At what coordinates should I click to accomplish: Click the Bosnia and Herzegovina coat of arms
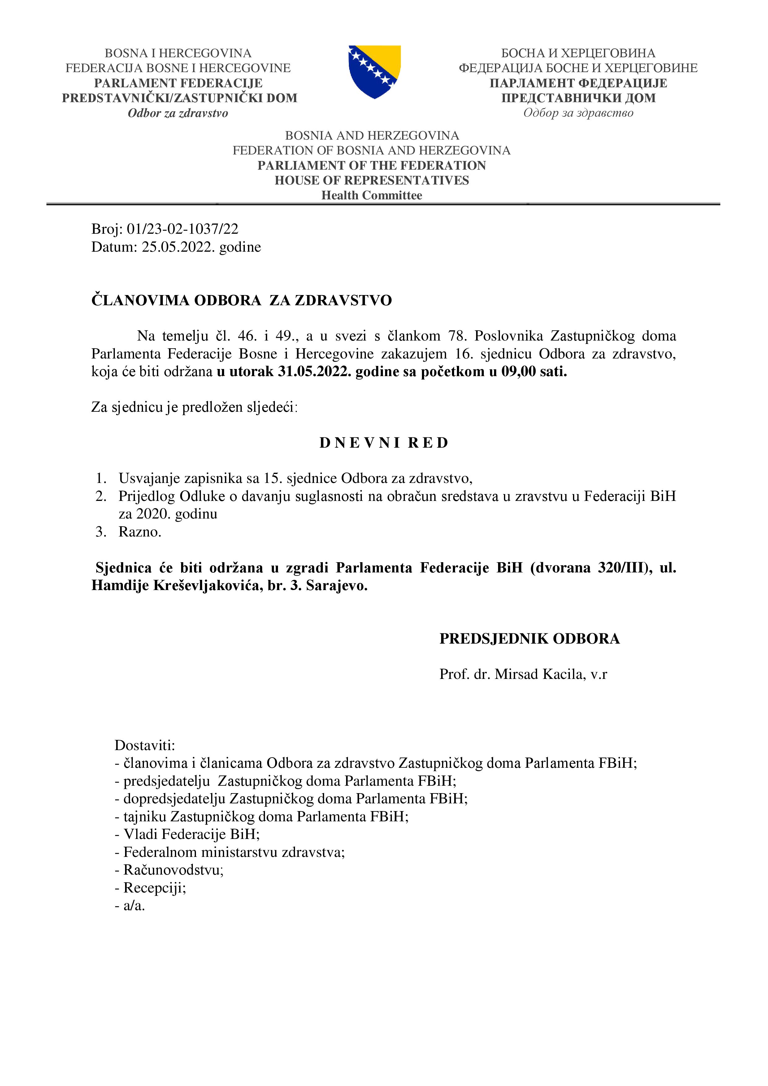pos(375,72)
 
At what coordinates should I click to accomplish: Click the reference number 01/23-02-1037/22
pos(183,229)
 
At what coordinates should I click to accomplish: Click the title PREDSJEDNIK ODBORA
pos(529,639)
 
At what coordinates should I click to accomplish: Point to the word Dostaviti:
pos(145,745)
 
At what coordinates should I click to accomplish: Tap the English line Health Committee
pos(372,195)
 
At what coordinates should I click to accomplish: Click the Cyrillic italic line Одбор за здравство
pos(578,113)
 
